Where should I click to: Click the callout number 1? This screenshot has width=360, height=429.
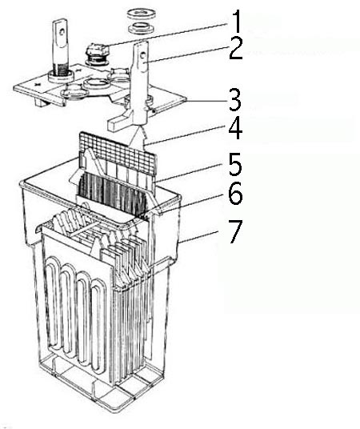(x=237, y=22)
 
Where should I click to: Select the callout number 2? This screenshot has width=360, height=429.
(x=236, y=50)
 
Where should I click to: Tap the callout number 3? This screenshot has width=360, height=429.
(x=235, y=100)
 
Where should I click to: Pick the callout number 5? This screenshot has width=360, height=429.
(x=235, y=165)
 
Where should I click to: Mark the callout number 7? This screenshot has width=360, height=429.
(x=235, y=232)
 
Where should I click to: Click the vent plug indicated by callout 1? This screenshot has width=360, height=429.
(x=98, y=54)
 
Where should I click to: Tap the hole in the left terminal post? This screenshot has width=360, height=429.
(x=62, y=32)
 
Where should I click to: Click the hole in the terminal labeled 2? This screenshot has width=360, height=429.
(x=142, y=54)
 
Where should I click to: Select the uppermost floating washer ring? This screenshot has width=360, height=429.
(x=142, y=14)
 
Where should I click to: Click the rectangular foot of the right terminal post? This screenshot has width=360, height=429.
(x=119, y=122)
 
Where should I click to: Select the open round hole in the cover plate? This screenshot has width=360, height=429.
(x=96, y=83)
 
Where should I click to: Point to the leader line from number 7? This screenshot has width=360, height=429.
(x=198, y=237)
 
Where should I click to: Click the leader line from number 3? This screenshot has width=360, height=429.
(x=206, y=100)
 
